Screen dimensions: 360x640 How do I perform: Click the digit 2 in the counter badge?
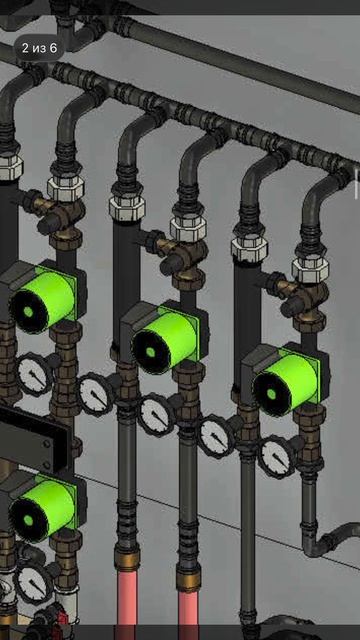(x=25, y=48)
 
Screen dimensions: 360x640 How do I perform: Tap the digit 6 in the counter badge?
(x=53, y=48)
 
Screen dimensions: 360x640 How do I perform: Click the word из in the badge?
(x=39, y=49)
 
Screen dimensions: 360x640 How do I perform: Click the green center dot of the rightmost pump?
(x=271, y=394)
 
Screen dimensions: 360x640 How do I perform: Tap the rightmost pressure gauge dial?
(x=277, y=457)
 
